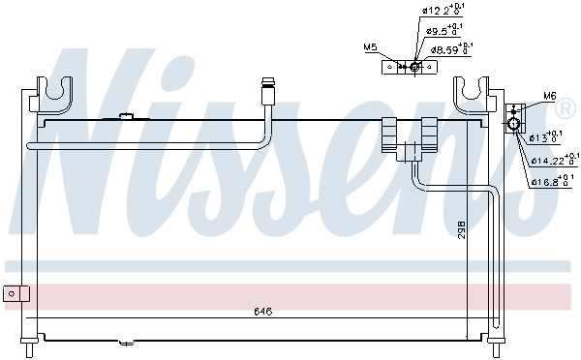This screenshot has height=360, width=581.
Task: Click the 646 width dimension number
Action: pyautogui.click(x=262, y=312)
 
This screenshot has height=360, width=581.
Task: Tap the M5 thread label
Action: pyautogui.click(x=370, y=46)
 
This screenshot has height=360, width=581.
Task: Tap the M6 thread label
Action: pyautogui.click(x=549, y=96)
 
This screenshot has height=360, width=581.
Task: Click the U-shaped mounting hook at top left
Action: pyautogui.click(x=58, y=93)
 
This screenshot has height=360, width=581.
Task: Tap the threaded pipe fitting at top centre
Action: pyautogui.click(x=268, y=94)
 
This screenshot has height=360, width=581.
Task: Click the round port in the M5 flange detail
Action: pyautogui.click(x=414, y=67)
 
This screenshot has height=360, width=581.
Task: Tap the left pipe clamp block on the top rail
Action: pyautogui.click(x=390, y=133)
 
